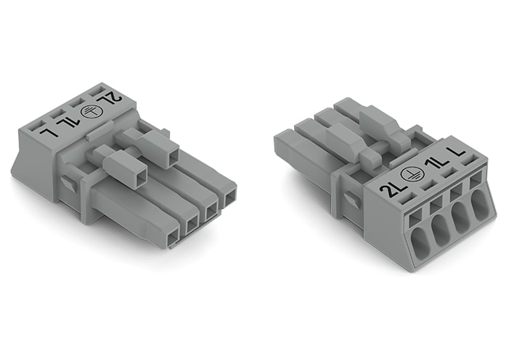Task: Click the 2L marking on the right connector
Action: click(392, 191)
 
